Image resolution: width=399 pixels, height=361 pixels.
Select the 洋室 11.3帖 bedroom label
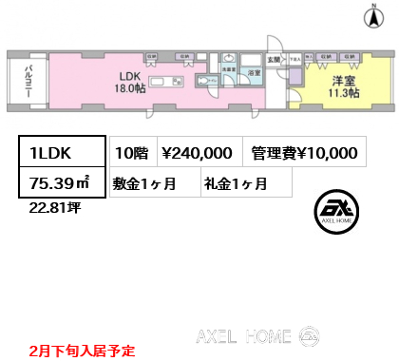[x=339, y=86]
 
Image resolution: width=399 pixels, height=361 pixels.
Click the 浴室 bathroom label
[x=254, y=72]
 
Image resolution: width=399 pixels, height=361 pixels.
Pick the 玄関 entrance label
[x=274, y=61]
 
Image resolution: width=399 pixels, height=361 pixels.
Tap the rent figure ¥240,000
[x=199, y=153]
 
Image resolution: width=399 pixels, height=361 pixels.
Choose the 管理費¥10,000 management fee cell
[x=305, y=153]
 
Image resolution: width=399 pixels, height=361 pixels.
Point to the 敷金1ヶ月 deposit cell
[x=152, y=183]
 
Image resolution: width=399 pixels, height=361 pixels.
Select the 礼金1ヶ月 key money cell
[x=234, y=183]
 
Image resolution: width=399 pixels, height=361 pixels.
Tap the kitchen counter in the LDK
[x=165, y=83]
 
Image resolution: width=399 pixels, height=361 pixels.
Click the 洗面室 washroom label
[x=229, y=68]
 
